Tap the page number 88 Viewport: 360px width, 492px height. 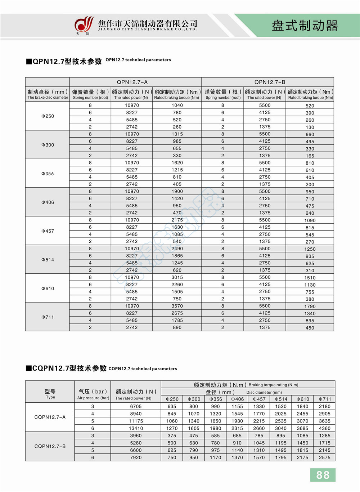point(323,475)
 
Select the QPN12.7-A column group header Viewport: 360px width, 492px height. point(132,82)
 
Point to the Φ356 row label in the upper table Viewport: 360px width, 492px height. point(48,174)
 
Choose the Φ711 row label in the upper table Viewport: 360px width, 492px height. point(48,317)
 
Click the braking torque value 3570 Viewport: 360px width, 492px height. point(177,306)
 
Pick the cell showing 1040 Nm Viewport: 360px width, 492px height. point(177,105)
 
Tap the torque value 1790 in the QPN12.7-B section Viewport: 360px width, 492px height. point(310,307)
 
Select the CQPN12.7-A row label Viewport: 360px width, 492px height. point(50,417)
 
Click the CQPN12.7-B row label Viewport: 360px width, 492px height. point(50,446)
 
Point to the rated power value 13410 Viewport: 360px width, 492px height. point(136,428)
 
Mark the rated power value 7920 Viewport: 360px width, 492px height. point(136,457)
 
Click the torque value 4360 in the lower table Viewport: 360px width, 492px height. point(324,428)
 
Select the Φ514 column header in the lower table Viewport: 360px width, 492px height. point(281,399)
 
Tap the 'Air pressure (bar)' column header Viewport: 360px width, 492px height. point(93,394)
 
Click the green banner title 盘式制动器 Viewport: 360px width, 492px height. point(305,26)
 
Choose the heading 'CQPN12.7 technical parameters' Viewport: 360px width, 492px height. point(143,369)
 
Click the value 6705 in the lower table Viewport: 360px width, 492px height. point(136,406)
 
